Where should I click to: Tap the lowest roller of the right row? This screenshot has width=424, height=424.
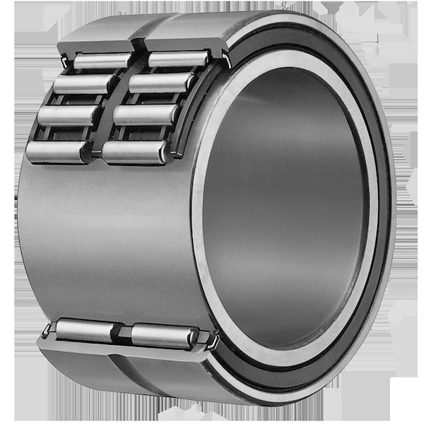(x=135, y=151)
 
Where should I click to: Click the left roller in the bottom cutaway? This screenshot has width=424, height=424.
(x=85, y=329)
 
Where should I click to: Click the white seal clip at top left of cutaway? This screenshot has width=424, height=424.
(x=65, y=62)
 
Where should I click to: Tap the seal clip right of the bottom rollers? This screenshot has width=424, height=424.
(x=211, y=343)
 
